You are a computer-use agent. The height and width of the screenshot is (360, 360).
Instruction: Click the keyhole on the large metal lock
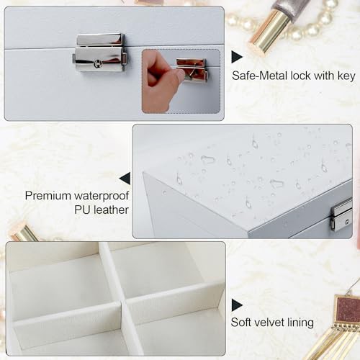tap(97, 64)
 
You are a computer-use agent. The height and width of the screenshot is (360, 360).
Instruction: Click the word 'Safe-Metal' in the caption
tap(260, 76)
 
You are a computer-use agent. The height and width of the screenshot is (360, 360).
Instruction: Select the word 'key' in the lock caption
tap(346, 76)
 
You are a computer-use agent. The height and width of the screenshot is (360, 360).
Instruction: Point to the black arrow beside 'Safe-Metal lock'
tap(237, 57)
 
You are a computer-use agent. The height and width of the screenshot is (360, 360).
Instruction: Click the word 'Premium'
tap(48, 196)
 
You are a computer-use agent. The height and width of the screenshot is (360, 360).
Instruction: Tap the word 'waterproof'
tap(102, 197)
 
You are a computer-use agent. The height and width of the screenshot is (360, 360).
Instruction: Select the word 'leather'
tap(111, 210)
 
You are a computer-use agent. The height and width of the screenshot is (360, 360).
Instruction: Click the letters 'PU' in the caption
tap(83, 210)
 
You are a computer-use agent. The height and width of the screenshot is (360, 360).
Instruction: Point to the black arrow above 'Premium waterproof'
tap(125, 179)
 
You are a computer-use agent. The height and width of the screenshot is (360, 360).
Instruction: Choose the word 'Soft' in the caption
tap(241, 323)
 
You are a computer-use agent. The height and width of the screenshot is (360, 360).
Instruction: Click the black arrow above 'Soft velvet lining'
tap(237, 305)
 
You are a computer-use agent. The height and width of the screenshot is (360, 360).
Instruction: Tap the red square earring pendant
tap(347, 310)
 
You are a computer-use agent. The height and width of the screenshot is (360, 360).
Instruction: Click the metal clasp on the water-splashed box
tap(341, 215)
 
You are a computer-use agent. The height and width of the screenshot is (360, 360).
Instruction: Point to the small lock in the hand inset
tap(192, 71)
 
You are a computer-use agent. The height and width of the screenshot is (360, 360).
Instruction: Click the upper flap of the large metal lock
tap(100, 40)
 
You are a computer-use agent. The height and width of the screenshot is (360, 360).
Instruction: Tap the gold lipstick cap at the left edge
tap(24, 233)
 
